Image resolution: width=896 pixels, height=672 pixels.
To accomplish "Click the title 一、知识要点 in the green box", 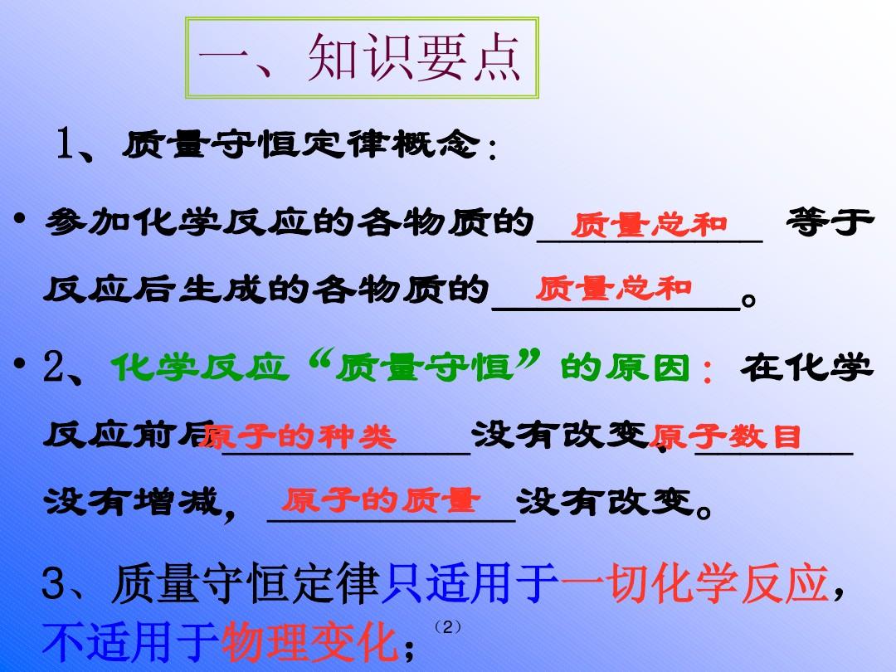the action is coord(359,57).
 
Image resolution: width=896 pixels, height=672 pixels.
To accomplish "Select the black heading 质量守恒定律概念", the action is coord(301,144).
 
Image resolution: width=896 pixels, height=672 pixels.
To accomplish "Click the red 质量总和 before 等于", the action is coord(649,225).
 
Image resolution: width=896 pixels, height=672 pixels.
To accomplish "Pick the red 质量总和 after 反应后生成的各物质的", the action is coord(614,289).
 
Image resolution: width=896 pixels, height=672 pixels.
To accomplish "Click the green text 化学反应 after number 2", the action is coord(198,368).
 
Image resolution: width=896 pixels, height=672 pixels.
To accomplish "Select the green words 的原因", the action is coord(626,368).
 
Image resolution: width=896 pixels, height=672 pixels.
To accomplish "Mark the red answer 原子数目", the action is coord(725,437).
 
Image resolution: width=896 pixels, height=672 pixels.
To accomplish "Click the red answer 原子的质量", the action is coord(380,500).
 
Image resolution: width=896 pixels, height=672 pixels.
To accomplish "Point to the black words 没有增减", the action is coord(132,502).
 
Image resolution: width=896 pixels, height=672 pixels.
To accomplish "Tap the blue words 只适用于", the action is coord(470,583).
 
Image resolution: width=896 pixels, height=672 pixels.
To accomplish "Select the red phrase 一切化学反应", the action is coord(694,583).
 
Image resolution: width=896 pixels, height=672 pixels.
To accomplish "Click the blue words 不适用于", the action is coord(130,642).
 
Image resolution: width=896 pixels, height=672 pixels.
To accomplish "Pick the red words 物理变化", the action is coord(309,642).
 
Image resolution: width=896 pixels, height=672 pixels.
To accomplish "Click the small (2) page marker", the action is coord(447,627).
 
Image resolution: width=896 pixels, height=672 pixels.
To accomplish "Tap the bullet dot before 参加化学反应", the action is coord(20,218).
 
